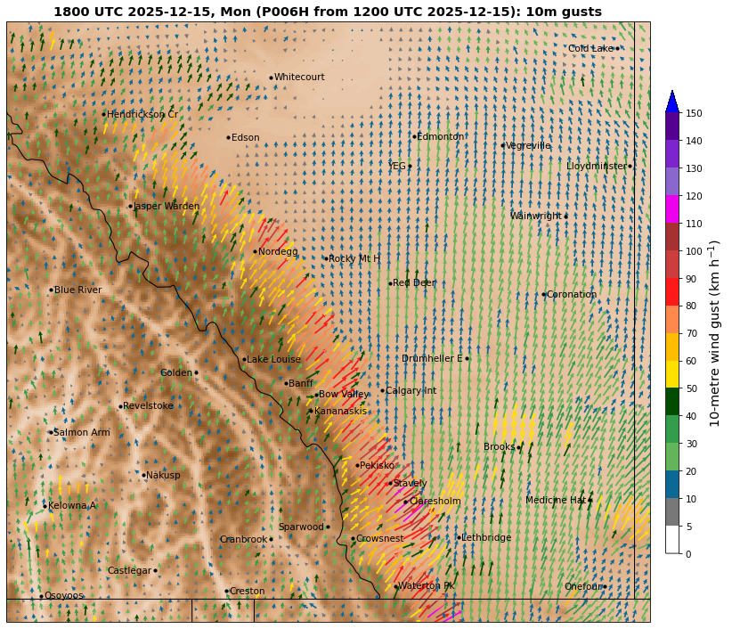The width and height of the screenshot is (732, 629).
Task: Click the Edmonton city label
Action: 441,136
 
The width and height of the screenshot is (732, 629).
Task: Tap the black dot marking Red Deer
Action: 390,283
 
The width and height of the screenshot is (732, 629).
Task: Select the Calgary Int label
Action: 411,391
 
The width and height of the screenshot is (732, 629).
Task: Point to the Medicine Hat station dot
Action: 590,500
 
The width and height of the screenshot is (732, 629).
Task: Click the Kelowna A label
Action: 71,505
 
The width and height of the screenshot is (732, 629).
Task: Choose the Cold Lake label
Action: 590,48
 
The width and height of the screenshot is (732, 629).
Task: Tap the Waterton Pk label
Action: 427,586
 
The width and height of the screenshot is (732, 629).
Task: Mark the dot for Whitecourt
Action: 271,78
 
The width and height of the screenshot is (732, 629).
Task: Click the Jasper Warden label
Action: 167,206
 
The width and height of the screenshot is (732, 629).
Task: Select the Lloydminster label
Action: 596,166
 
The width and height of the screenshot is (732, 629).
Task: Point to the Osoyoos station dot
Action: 41,596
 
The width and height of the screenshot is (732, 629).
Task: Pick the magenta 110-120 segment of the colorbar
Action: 672,208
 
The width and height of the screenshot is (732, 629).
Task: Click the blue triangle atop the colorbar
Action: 672,101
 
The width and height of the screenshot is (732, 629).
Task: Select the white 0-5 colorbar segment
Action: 672,539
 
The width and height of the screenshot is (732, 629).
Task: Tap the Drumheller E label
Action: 432,358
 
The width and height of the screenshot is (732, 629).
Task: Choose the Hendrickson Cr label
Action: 142,114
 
